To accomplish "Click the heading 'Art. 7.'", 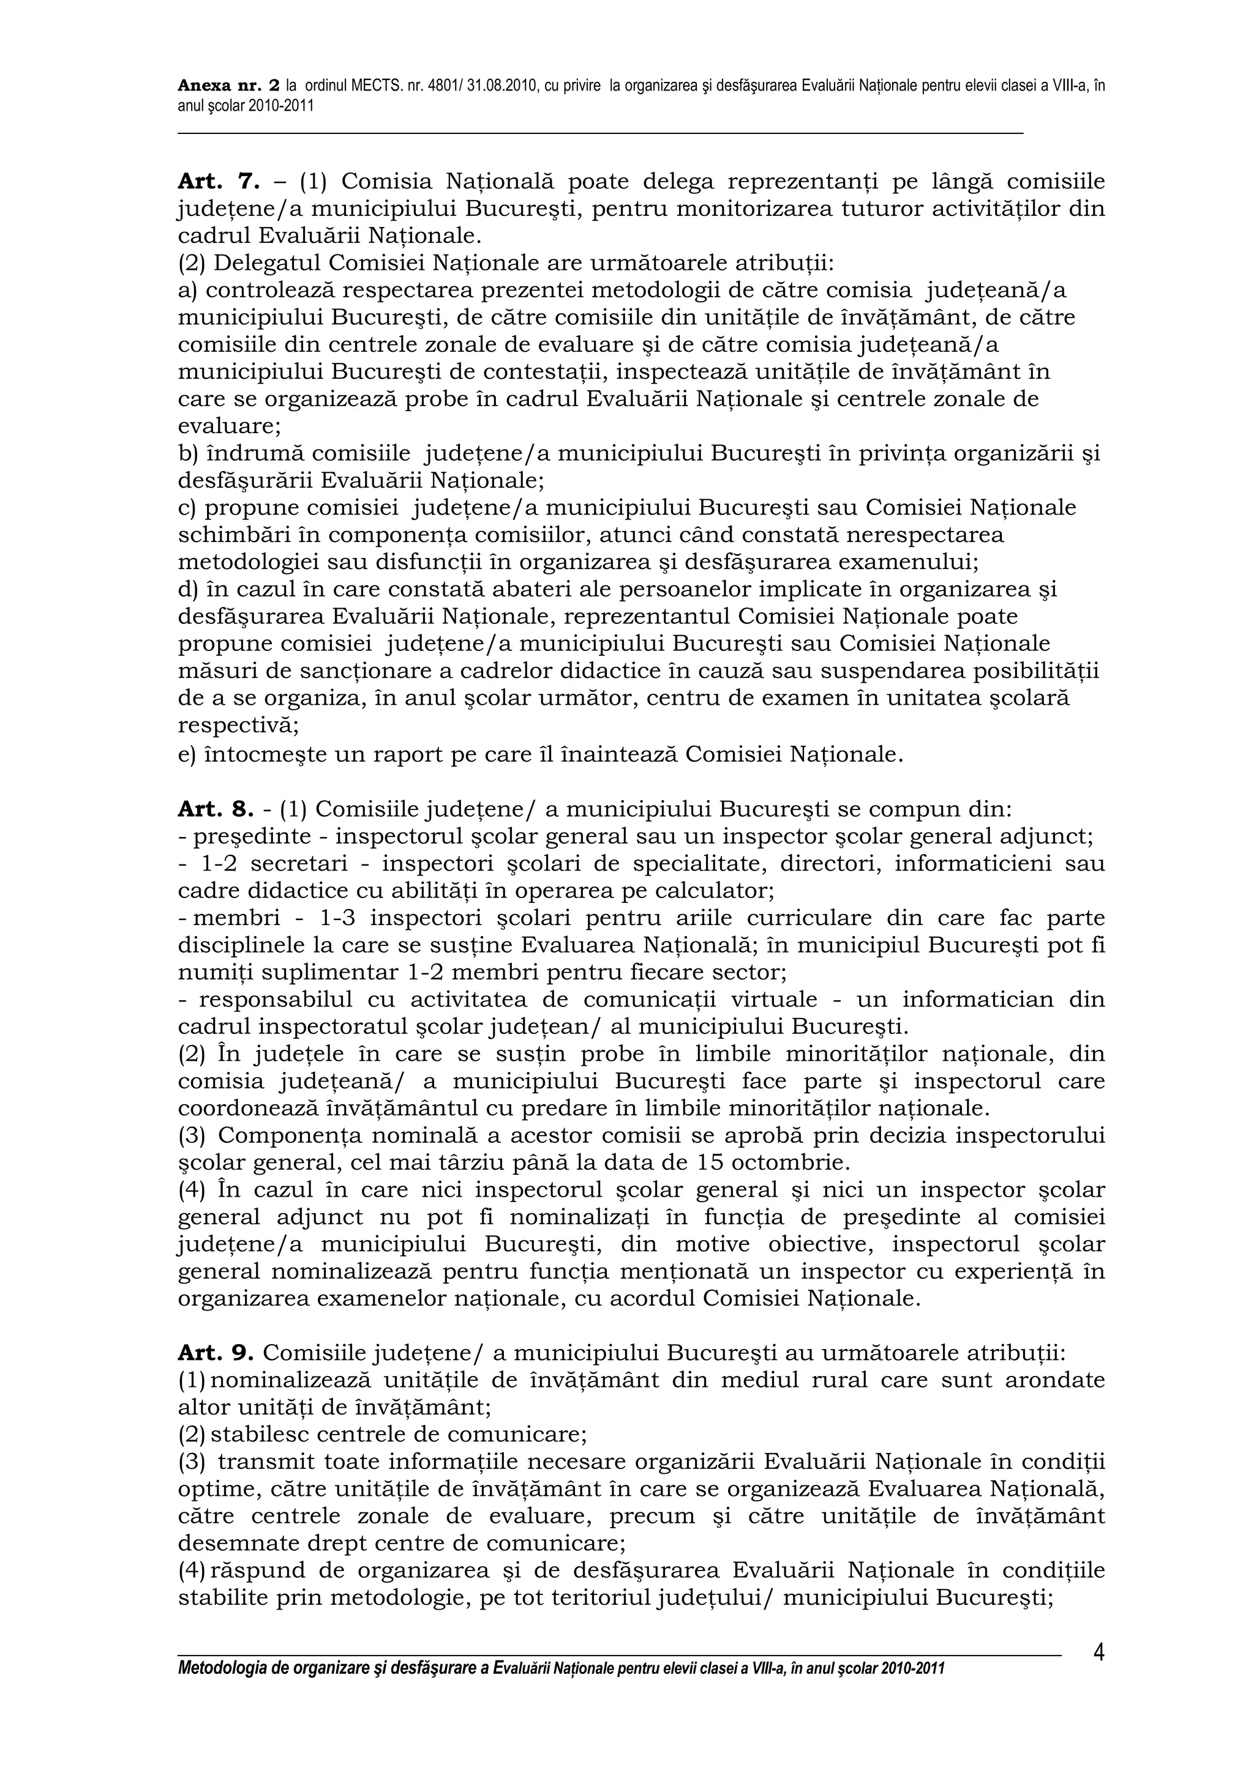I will [216, 182].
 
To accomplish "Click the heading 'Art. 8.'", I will [216, 809].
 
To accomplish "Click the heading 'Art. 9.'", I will [216, 1353].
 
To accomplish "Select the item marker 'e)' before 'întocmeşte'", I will [187, 754].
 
